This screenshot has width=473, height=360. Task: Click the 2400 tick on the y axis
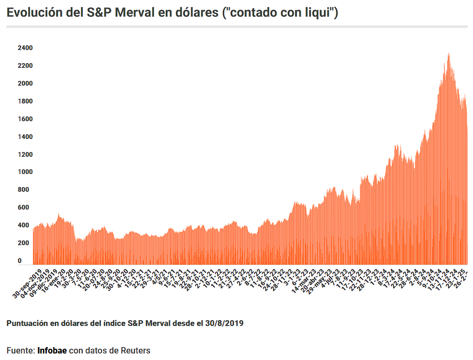[x=25, y=48]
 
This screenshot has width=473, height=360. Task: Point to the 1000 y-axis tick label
[x=25, y=172]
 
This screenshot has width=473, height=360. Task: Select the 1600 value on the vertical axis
[x=25, y=119]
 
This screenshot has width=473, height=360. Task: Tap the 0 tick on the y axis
[x=20, y=261]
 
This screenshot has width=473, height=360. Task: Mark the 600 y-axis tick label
[x=23, y=207]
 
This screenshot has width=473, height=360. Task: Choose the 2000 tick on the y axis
[x=25, y=84]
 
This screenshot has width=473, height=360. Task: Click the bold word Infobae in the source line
[x=52, y=350]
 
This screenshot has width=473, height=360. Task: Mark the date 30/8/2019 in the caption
[x=224, y=323]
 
